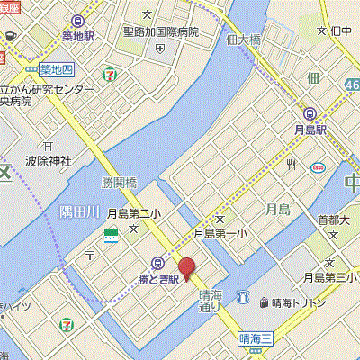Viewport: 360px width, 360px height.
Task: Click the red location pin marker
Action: point(186,268)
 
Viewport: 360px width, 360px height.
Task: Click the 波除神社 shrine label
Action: point(49,163)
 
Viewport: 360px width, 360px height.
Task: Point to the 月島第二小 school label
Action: point(131,214)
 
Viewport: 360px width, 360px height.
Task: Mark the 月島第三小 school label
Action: point(326,276)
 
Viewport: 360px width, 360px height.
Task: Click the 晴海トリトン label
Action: point(302,303)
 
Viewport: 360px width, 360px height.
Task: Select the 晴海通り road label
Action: point(211,300)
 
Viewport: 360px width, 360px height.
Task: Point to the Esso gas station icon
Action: point(318,167)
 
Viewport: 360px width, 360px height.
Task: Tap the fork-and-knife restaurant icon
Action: point(291,165)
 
